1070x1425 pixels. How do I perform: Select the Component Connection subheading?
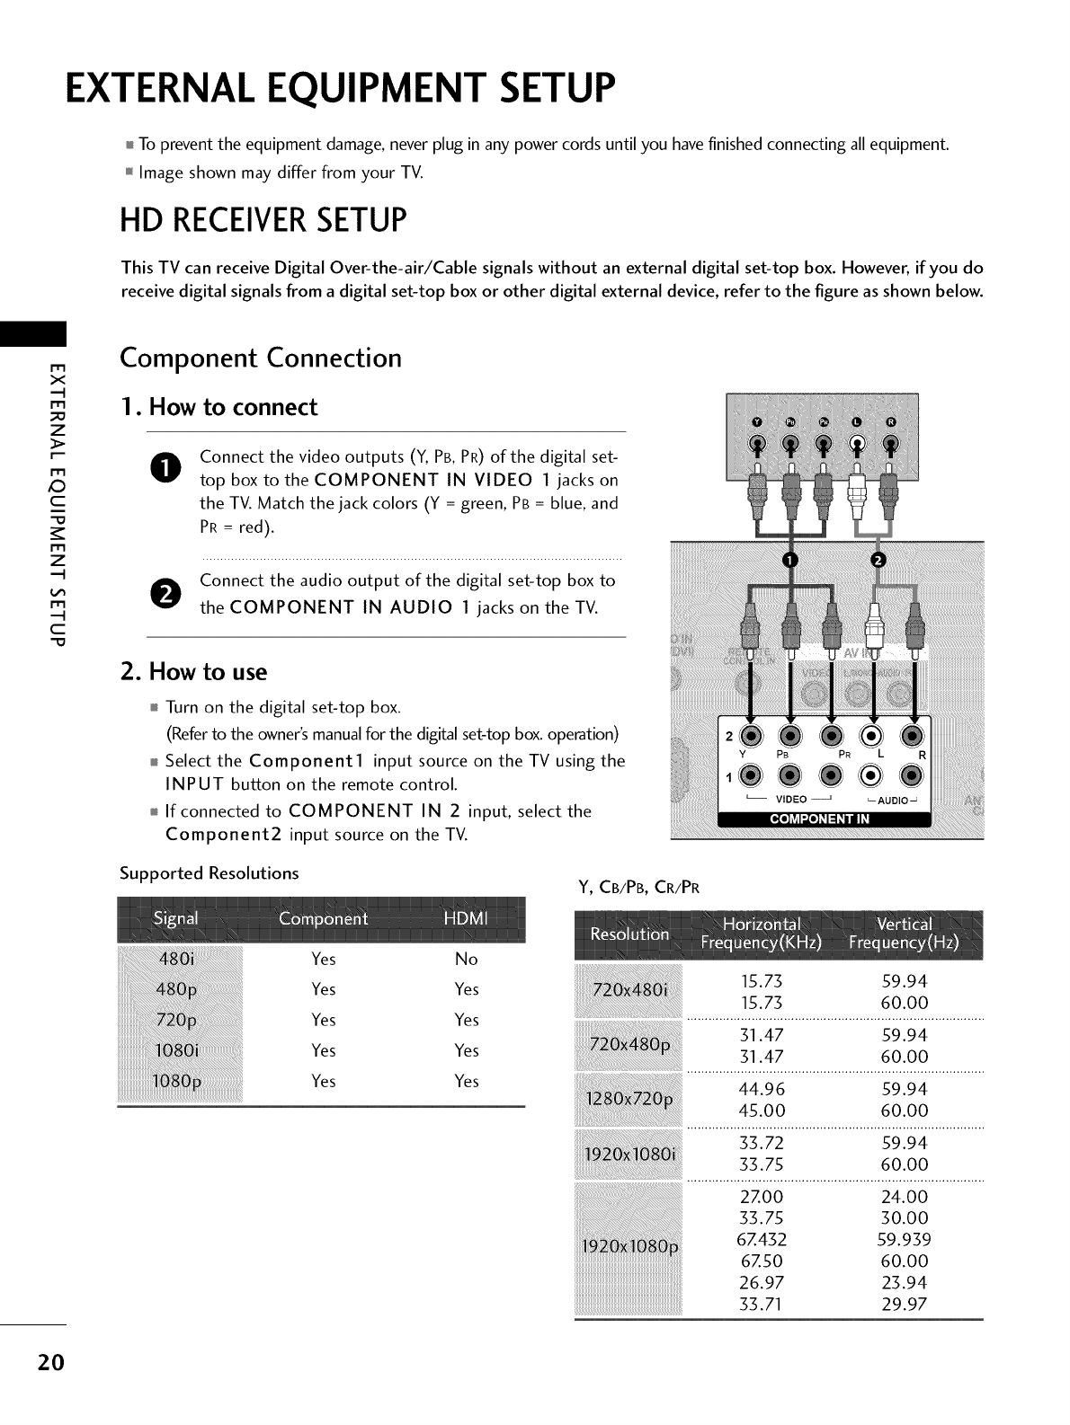pyautogui.click(x=261, y=358)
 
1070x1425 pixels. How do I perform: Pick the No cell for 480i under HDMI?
pyautogui.click(x=466, y=959)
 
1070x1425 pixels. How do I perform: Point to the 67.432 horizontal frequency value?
pyautogui.click(x=762, y=1239)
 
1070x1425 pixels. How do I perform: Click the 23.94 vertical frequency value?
pyautogui.click(x=905, y=1282)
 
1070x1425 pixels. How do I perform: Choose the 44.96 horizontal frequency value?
pyautogui.click(x=761, y=1089)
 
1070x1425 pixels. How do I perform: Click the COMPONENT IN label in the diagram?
pyautogui.click(x=818, y=819)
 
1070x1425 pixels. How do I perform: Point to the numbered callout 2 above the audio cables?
pyautogui.click(x=879, y=561)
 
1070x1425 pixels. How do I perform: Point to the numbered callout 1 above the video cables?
pyautogui.click(x=790, y=561)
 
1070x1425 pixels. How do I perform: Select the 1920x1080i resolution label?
pyautogui.click(x=630, y=1154)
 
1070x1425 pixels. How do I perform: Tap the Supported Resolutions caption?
pyautogui.click(x=210, y=873)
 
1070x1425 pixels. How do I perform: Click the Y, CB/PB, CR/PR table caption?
pyautogui.click(x=638, y=889)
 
